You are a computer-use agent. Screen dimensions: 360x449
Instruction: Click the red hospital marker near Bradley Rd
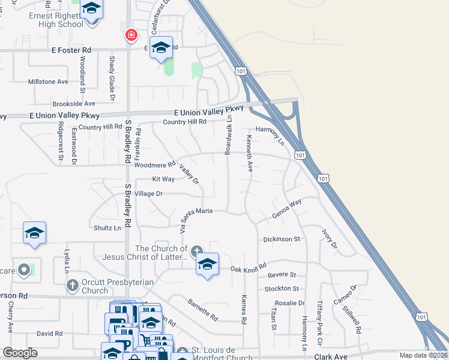[x=131, y=36]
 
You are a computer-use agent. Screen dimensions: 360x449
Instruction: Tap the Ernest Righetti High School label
[x=55, y=20]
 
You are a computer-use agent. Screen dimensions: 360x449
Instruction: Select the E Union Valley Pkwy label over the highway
[x=209, y=111]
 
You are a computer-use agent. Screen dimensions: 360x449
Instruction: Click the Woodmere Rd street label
[x=154, y=164]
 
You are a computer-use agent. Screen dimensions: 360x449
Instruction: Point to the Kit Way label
[x=163, y=179]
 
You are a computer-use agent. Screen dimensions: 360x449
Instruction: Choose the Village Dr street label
[x=148, y=194]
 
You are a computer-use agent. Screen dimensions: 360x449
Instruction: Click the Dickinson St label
[x=282, y=239]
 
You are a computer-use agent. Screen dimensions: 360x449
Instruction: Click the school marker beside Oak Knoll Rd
[x=207, y=264]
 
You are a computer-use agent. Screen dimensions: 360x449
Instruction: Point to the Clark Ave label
[x=331, y=356]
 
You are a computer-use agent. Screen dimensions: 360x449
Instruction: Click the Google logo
[x=20, y=353]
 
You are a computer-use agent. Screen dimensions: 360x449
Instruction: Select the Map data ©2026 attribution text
[x=423, y=355]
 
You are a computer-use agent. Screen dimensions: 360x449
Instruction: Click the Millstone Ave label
[x=49, y=82]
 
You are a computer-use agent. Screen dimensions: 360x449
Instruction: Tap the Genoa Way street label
[x=286, y=211]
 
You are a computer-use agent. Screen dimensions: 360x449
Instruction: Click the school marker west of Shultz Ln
[x=34, y=233]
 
